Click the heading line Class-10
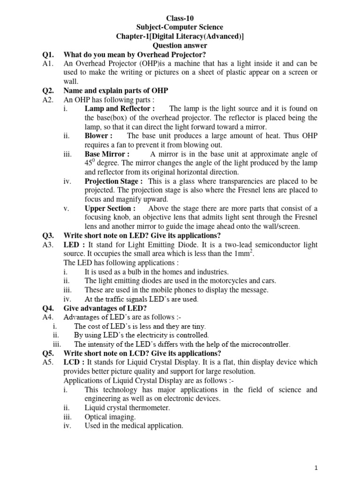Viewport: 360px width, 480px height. [180, 18]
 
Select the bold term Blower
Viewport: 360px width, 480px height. [98, 135]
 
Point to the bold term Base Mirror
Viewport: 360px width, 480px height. [107, 154]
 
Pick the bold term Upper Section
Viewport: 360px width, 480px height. [110, 208]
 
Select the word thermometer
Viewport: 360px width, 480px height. [146, 408]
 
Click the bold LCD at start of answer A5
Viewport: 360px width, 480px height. [71, 362]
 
